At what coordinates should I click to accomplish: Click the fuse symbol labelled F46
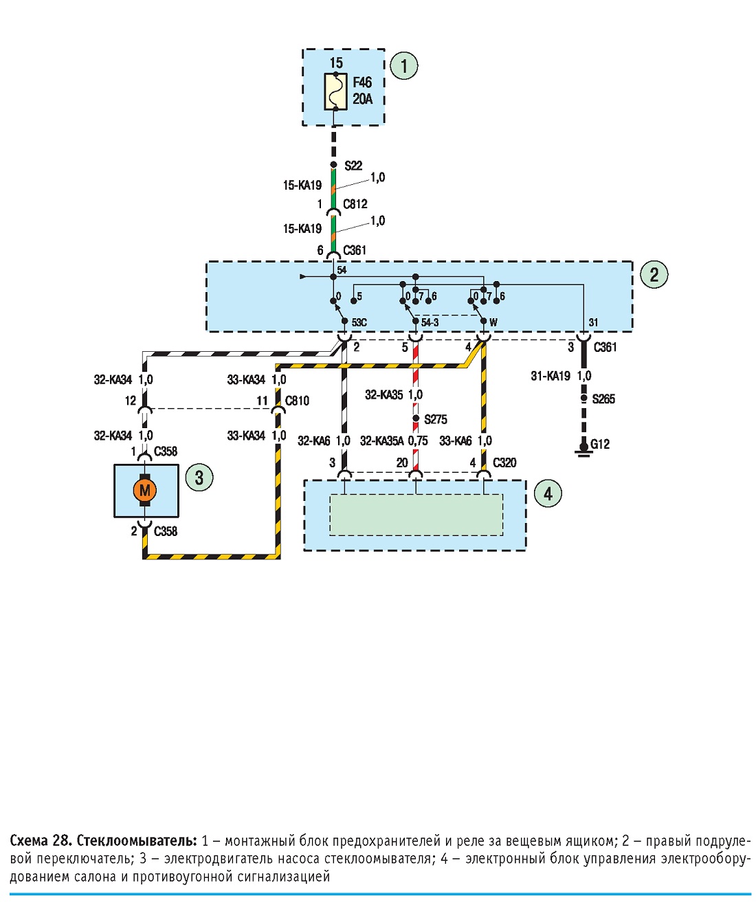335,91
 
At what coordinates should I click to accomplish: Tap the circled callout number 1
403,66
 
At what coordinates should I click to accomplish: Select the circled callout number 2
654,275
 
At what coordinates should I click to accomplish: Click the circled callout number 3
199,478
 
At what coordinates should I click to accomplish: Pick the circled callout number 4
548,493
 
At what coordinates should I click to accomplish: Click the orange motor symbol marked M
145,490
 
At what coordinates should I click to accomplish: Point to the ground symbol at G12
583,449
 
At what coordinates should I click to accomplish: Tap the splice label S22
353,166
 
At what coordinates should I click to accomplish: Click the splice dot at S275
416,418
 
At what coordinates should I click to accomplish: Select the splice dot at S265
583,399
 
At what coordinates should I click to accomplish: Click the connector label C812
355,204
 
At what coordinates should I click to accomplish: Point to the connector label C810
297,401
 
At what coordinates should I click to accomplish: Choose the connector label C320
504,463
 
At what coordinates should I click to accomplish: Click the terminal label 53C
359,322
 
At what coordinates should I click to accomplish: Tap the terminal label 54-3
430,322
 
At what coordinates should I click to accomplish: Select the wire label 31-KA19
551,376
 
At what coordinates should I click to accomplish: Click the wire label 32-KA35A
381,441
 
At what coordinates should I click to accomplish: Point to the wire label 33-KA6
455,441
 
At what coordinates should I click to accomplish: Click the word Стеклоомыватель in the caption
137,840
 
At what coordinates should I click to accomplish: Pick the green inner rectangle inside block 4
416,515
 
